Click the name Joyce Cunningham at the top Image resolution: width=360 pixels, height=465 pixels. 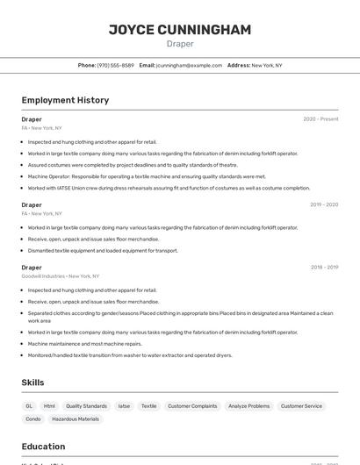tap(180, 30)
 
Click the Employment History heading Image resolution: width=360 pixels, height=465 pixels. tap(65, 100)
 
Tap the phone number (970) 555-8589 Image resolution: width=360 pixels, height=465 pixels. tap(115, 65)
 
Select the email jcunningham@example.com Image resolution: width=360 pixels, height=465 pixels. tap(189, 65)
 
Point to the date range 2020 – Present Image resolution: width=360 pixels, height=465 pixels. tap(320, 119)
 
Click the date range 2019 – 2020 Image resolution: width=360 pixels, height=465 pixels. tap(324, 204)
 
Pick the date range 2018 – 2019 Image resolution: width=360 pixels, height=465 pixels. tap(324, 268)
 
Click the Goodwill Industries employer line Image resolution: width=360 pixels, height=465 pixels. tap(61, 276)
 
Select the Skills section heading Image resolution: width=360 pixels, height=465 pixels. tap(32, 383)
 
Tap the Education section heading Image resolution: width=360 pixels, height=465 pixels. tap(43, 446)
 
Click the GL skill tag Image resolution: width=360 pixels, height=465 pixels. tap(29, 406)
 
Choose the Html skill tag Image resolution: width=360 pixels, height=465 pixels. tap(49, 406)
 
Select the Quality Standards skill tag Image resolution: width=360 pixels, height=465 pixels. tap(86, 406)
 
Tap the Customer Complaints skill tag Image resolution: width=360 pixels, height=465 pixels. tap(192, 406)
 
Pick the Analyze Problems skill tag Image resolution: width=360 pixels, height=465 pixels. tap(248, 406)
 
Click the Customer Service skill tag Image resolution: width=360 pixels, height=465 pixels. tap(301, 406)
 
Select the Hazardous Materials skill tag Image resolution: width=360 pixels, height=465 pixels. tap(76, 419)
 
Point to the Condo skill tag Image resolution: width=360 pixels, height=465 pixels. tap(32, 419)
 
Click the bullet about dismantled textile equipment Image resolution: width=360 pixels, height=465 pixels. tap(103, 250)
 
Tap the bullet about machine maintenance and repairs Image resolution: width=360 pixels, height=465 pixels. tap(85, 344)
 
